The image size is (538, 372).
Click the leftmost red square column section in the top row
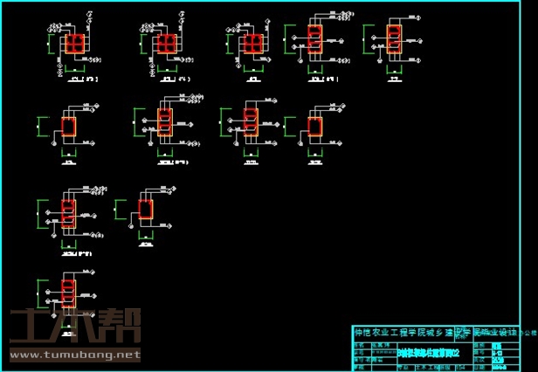75,45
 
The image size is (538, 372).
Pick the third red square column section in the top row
253,45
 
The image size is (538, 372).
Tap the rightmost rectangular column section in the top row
395,38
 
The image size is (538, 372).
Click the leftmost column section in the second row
68,127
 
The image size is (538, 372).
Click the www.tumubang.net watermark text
73,355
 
